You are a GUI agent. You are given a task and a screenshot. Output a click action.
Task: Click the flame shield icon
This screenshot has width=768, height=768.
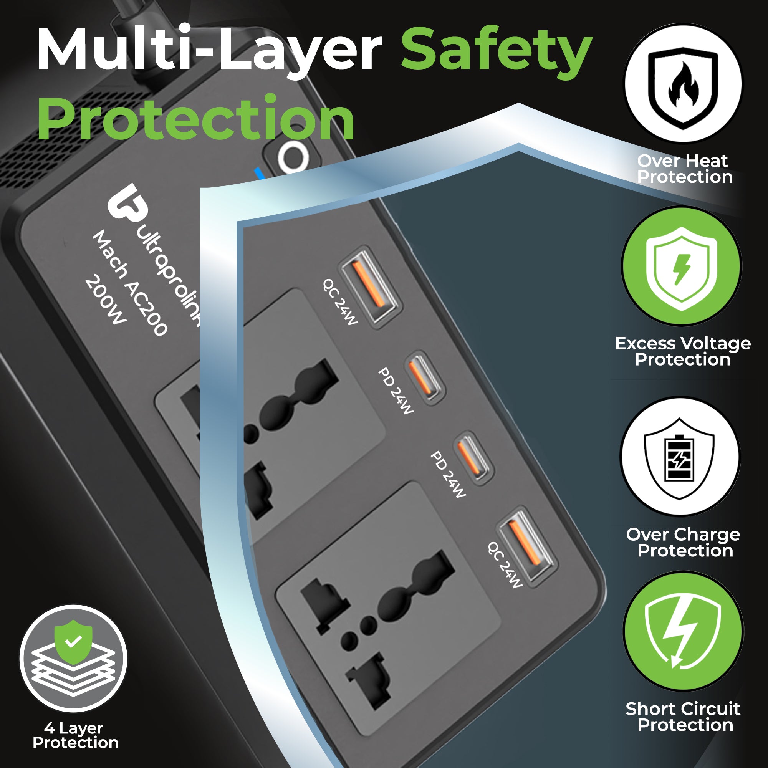tap(682, 83)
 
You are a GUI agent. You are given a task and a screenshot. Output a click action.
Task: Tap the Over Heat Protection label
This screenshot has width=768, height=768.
tap(684, 169)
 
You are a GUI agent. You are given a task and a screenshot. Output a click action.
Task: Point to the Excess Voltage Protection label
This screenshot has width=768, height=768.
tap(682, 351)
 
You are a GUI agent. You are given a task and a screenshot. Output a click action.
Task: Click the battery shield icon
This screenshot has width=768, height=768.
tap(680, 457)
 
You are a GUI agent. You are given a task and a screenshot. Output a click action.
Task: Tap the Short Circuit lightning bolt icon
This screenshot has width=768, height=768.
tap(682, 632)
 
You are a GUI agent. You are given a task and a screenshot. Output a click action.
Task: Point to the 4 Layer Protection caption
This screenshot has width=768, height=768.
tap(75, 735)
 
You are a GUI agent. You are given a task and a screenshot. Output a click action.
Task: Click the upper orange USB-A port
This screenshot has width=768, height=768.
tap(369, 285)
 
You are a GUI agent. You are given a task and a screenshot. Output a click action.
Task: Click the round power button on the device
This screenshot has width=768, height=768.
tap(293, 157)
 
